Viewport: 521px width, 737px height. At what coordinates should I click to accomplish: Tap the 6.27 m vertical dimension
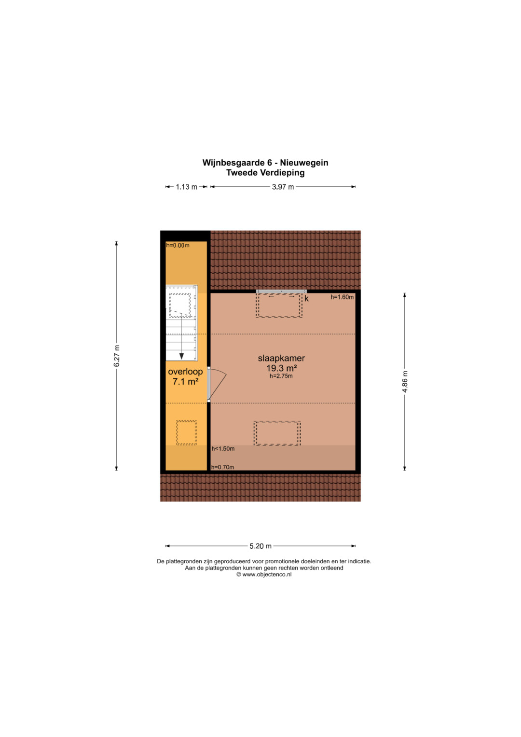pyautogui.click(x=116, y=356)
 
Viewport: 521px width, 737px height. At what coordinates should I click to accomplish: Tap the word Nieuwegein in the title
pyautogui.click(x=304, y=163)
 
